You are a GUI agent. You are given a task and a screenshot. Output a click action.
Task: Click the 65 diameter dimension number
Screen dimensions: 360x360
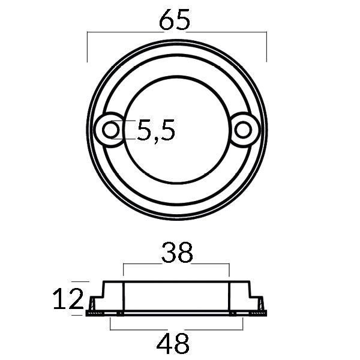pos(175,20)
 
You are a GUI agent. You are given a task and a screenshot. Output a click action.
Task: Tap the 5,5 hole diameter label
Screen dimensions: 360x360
pos(156,130)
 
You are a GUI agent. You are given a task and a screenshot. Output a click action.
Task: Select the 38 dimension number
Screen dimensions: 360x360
pos(177,253)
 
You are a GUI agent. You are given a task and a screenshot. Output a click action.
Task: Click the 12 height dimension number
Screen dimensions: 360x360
pos(67,299)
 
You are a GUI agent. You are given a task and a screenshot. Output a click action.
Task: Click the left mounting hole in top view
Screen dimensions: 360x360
pos(110,129)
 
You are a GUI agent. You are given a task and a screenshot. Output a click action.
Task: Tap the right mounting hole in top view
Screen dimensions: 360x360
pos(244,129)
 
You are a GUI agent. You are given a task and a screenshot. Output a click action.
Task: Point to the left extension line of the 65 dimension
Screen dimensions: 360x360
pos(88,48)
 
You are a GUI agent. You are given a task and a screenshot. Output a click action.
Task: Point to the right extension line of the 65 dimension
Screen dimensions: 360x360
pos(266,48)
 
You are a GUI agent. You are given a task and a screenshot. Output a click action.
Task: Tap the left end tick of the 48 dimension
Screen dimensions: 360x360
pos(111,324)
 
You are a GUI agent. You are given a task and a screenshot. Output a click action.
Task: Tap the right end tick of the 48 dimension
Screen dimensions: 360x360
pos(243,324)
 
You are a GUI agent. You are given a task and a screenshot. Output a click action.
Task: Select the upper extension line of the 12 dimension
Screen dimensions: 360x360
pos(80,281)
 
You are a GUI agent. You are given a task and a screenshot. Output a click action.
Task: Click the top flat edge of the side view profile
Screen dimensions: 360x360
pos(176,282)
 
